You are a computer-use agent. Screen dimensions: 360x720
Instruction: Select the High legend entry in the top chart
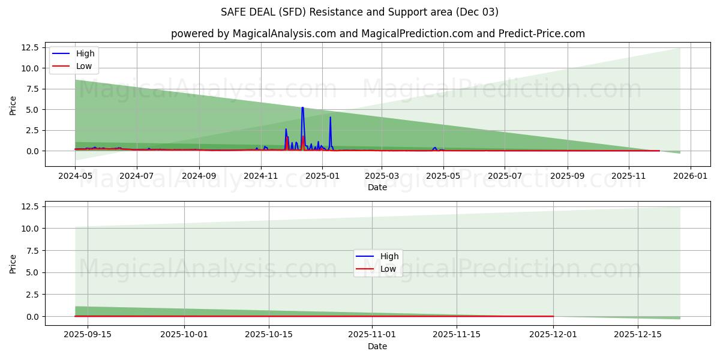pos(84,53)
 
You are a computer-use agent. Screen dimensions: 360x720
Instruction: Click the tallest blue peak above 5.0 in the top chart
pos(302,108)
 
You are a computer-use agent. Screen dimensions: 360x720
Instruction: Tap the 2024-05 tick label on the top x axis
pos(75,176)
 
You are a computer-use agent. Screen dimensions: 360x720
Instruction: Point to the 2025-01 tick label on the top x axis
pos(322,176)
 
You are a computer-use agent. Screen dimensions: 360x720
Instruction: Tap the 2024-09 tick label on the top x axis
pos(199,176)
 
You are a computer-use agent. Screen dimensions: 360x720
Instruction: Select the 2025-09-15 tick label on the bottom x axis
pos(88,335)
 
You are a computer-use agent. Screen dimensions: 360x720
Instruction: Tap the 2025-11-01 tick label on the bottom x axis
pos(372,335)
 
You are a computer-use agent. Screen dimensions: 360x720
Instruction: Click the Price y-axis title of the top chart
pos(14,105)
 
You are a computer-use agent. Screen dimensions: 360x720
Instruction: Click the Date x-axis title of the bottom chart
pos(377,346)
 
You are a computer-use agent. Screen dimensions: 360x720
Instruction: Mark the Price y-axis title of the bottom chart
pos(14,263)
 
